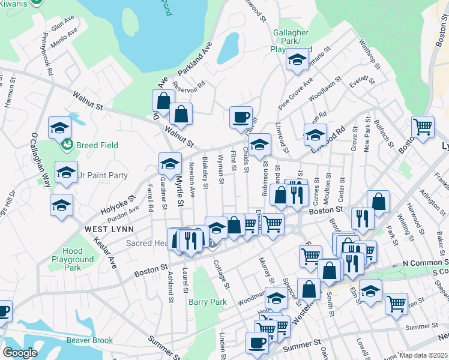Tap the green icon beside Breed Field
point(67,145)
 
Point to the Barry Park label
point(208,302)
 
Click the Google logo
point(20,353)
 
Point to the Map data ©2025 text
point(423,355)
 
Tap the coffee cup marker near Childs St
point(241,117)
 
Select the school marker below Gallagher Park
point(297,60)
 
